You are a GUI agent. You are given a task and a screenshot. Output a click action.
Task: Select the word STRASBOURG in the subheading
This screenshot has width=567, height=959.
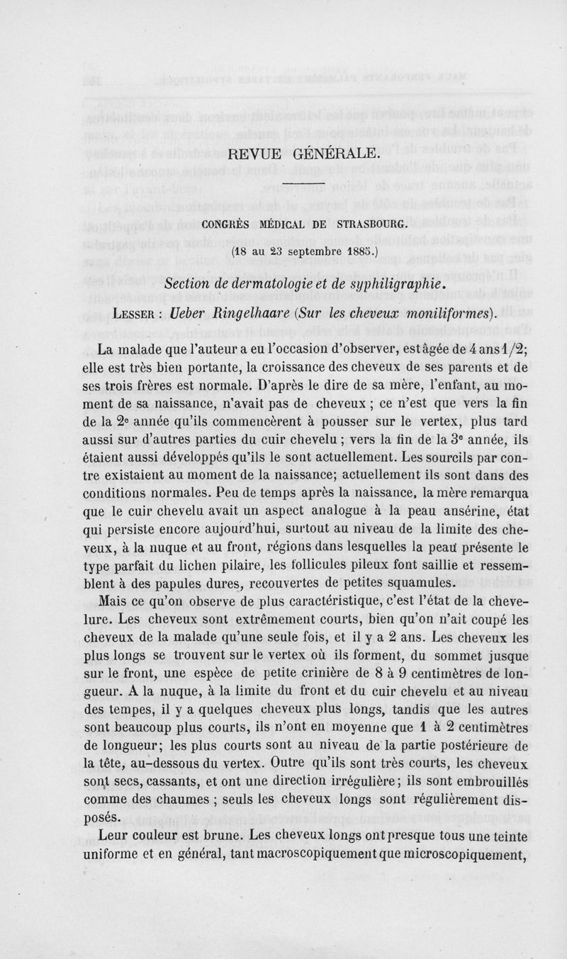click(x=371, y=226)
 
